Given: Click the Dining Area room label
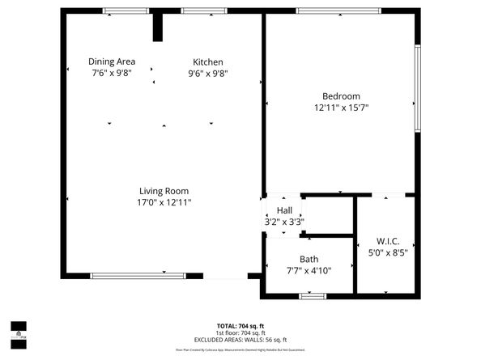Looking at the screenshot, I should point(112,61).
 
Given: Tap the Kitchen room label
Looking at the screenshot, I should point(207,62).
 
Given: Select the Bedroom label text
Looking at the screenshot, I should point(341,96).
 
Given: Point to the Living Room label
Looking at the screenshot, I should point(164,191).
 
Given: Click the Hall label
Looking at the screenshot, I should point(284,210).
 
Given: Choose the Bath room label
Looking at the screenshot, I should point(309,260).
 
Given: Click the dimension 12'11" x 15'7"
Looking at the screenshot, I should point(341,107).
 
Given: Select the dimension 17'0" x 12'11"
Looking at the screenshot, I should point(164,202).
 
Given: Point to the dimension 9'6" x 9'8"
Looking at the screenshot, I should point(207,73).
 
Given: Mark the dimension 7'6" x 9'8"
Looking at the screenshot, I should point(112,73).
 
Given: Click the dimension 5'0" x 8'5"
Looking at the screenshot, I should point(388,252).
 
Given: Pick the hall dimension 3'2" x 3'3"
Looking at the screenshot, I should point(284,221).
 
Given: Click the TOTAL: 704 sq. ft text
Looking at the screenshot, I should point(240,326).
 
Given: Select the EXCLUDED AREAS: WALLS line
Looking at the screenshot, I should point(240,340).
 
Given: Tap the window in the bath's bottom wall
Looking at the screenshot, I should point(312,296).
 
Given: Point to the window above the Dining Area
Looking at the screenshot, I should point(126,11).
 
